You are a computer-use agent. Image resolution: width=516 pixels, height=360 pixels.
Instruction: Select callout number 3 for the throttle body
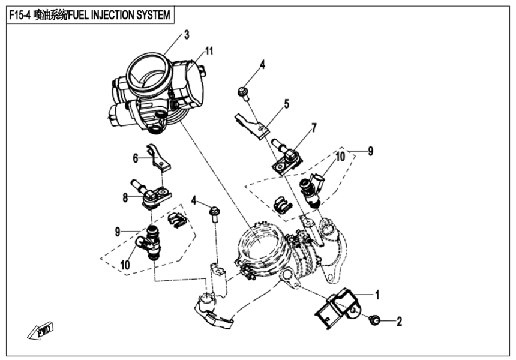click(x=187, y=35)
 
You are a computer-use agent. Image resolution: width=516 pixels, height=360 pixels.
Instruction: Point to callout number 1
click(x=377, y=295)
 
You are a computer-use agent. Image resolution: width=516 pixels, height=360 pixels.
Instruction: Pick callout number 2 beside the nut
click(x=399, y=322)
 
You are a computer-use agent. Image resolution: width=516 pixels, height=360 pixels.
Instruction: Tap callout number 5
click(x=286, y=104)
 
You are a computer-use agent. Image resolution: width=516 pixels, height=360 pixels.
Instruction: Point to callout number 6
click(x=136, y=158)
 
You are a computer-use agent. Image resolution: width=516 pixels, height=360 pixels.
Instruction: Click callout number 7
click(x=313, y=127)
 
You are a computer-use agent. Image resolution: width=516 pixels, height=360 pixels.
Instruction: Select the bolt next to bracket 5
click(x=243, y=92)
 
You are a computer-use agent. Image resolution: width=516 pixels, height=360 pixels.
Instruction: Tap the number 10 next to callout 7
click(x=340, y=157)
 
